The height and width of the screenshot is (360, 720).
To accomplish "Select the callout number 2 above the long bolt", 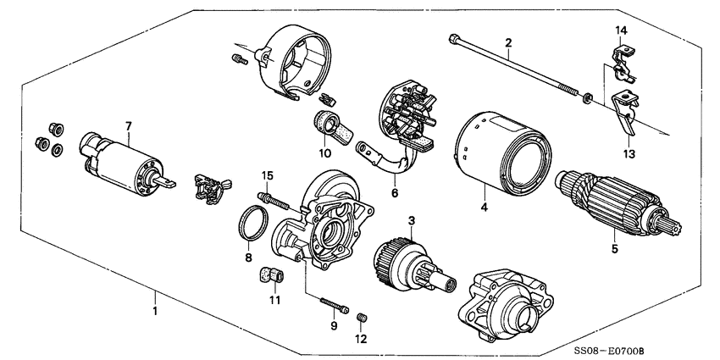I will click(x=509, y=42).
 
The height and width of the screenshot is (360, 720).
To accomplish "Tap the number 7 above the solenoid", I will click(x=128, y=127).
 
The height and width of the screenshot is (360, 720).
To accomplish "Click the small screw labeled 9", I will click(x=333, y=302).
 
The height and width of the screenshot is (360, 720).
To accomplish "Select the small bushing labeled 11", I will click(x=271, y=275).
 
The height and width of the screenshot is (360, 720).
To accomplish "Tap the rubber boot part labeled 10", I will click(x=328, y=124).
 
